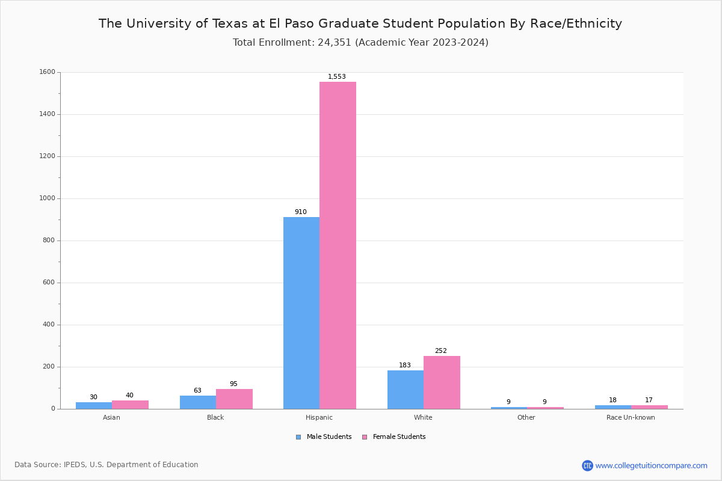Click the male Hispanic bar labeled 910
(301, 313)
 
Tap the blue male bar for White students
(406, 390)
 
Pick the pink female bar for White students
(442, 382)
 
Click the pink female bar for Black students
(234, 399)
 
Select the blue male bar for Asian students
(94, 405)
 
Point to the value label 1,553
(337, 77)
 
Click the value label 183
(405, 366)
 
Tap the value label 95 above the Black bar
(233, 384)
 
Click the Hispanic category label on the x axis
(319, 417)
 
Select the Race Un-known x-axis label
(631, 417)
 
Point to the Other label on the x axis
(526, 417)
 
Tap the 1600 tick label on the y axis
(47, 72)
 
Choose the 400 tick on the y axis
(48, 325)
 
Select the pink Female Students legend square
(365, 437)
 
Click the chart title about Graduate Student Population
(360, 24)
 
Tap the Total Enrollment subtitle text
(360, 43)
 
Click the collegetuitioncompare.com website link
(651, 465)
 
